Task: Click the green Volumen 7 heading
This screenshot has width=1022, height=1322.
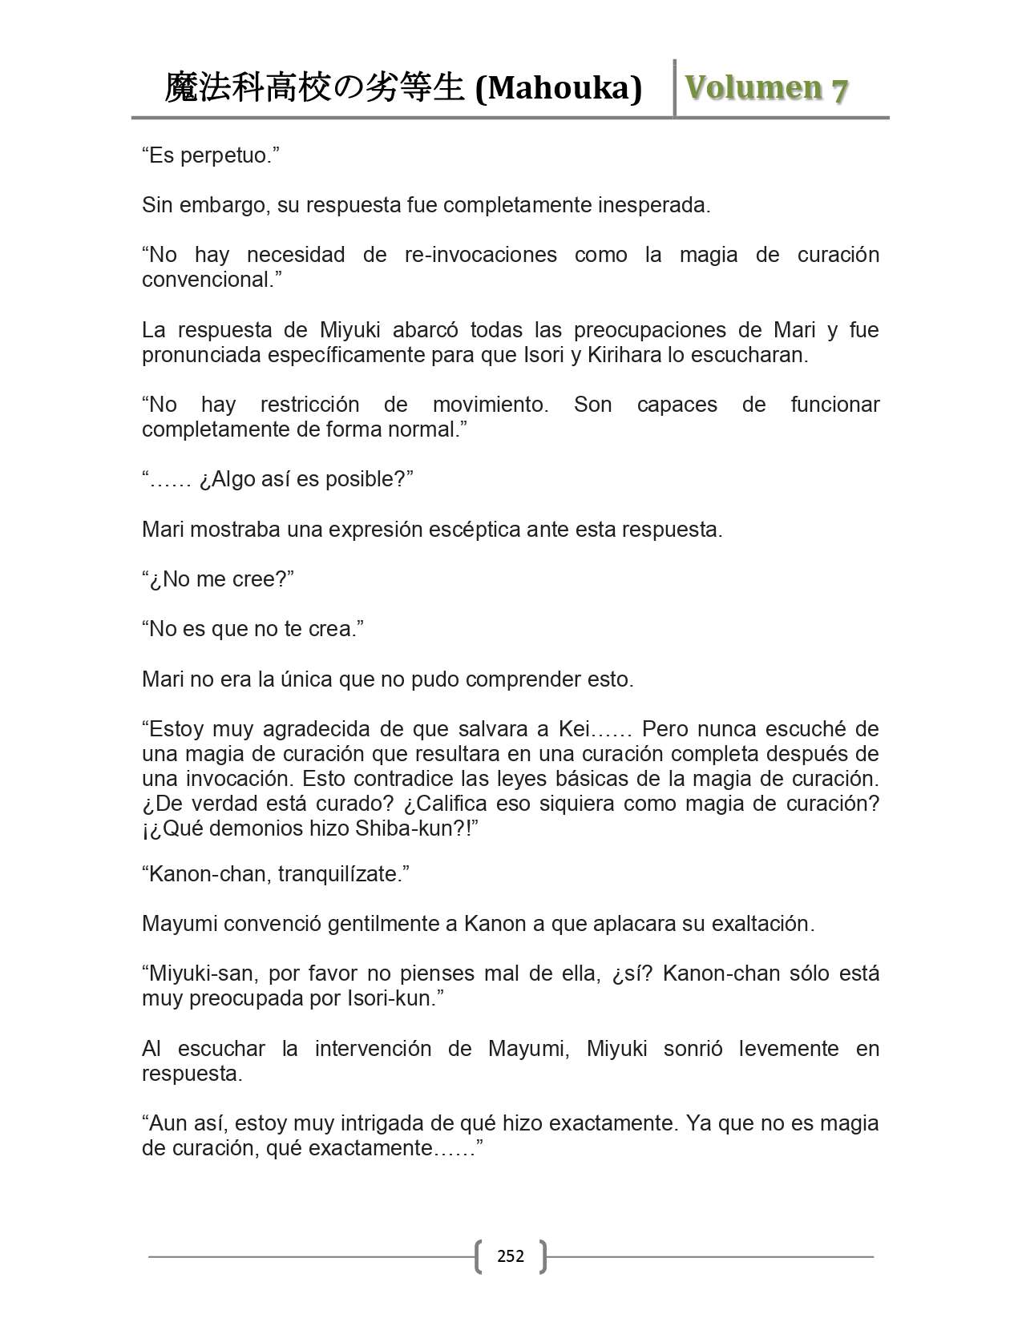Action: (765, 88)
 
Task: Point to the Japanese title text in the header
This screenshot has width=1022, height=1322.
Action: (314, 88)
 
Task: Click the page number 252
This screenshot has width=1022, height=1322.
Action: (511, 1255)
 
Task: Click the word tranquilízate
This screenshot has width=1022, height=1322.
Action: (343, 874)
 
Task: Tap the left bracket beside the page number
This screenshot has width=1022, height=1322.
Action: (479, 1255)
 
